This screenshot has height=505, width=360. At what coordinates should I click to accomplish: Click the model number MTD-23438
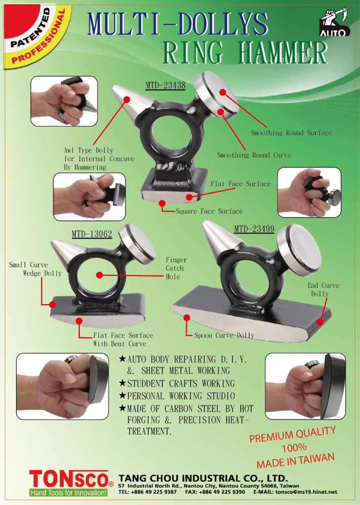pos(165,85)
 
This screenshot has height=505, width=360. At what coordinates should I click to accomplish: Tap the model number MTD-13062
pos(92,234)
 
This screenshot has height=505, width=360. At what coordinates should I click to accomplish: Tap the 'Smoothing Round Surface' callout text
pos(291,132)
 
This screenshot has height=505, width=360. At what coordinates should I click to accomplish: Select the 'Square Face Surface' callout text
pos(209,211)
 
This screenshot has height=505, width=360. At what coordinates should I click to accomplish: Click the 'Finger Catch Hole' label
pos(176,268)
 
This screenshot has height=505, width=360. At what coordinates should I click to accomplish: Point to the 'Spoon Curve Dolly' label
pos(224,335)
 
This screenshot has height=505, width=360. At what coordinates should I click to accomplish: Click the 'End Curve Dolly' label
pos(323,289)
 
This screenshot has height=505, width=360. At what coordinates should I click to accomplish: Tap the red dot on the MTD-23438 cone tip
pos(127,99)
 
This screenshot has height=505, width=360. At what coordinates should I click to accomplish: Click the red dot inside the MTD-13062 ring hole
pos(100,275)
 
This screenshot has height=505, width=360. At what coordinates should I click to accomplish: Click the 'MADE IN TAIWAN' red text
pos(296,461)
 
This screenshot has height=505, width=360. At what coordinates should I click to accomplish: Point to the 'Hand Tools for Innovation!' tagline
pos(68,493)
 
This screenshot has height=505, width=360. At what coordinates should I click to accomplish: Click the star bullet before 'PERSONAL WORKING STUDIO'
pos(122,395)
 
